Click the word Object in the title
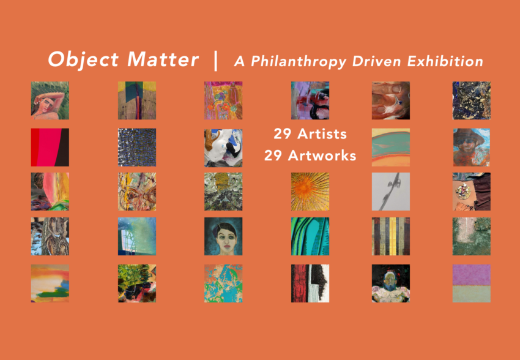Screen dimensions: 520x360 point(83,59)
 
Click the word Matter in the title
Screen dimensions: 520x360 point(163,59)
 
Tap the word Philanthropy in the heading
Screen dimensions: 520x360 point(299,62)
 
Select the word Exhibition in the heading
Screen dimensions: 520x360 point(445,61)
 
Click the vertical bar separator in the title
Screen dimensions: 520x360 point(216,61)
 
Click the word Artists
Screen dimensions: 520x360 point(322,134)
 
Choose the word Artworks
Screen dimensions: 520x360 point(322,156)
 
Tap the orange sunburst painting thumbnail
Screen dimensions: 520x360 point(310,192)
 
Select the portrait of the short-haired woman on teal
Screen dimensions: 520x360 point(223,236)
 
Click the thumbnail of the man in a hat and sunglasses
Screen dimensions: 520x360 point(471,148)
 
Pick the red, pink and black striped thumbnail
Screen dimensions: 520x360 point(50,148)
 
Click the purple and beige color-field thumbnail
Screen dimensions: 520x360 point(471,283)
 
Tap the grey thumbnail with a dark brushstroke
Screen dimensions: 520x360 point(391,192)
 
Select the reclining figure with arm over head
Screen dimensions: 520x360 point(50,100)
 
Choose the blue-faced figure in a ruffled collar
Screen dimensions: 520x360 point(391,283)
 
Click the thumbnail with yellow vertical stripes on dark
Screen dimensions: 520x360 point(391,236)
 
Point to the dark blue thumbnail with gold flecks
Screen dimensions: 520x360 point(471,100)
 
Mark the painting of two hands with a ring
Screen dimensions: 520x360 point(391,100)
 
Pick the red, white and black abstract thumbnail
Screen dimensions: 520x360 point(310,283)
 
